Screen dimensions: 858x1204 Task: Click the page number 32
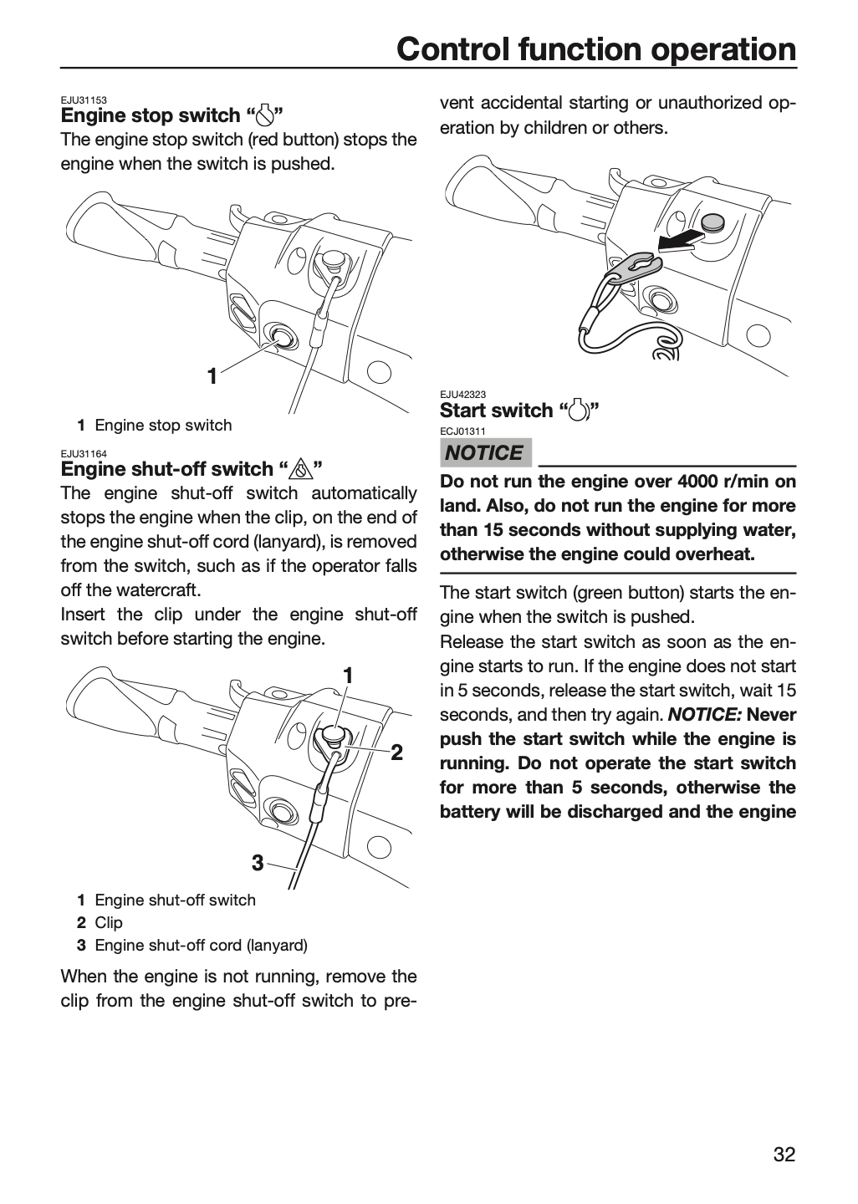pos(784,1154)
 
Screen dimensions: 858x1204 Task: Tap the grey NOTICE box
pos(486,452)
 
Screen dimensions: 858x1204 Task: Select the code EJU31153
pos(84,100)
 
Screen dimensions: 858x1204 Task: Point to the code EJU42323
pos(463,395)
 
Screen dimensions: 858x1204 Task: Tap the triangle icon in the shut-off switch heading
pos(301,470)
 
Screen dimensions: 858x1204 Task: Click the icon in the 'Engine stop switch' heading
pos(265,115)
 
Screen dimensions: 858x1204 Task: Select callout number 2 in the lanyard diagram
pos(396,752)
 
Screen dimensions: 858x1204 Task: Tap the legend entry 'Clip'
pos(109,922)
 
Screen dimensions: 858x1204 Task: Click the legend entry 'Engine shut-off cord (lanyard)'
pos(201,946)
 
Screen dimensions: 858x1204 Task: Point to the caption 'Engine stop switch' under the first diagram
pos(163,425)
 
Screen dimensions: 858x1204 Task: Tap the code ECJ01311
pos(463,431)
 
